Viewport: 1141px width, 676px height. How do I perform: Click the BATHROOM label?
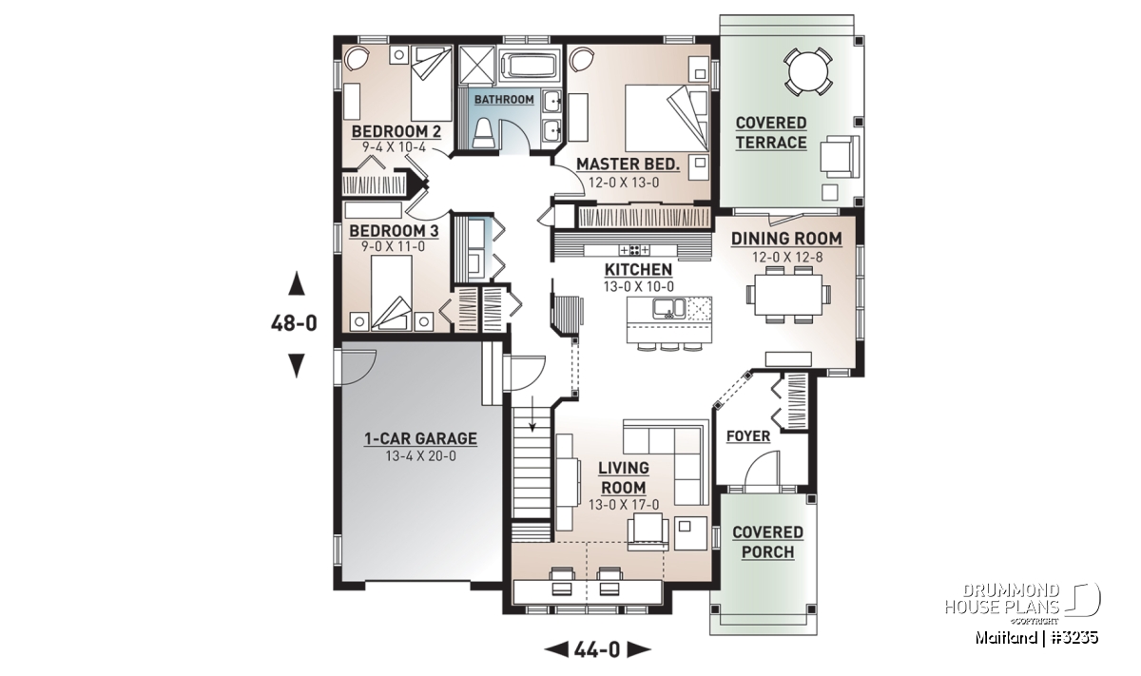[504, 99]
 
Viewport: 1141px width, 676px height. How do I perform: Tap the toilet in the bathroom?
[482, 134]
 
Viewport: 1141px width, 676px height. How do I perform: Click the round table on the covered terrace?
[807, 70]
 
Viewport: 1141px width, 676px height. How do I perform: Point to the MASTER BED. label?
[629, 164]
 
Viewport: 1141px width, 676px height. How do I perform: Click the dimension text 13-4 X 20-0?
[420, 456]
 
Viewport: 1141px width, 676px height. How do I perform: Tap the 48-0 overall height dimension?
[294, 323]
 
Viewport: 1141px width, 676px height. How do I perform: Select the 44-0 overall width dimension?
[597, 649]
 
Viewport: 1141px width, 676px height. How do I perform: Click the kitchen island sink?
[669, 308]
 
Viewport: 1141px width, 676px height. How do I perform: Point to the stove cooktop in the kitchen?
[634, 250]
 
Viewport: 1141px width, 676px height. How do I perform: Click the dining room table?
[788, 295]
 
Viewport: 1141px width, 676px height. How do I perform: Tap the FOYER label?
[748, 436]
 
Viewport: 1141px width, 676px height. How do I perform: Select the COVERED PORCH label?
[767, 542]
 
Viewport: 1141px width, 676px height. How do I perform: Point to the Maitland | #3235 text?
[1036, 637]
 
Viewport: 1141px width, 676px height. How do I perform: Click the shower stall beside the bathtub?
[477, 65]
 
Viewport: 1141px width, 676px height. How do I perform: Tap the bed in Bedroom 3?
[391, 293]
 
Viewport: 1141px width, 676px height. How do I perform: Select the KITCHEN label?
[638, 269]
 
